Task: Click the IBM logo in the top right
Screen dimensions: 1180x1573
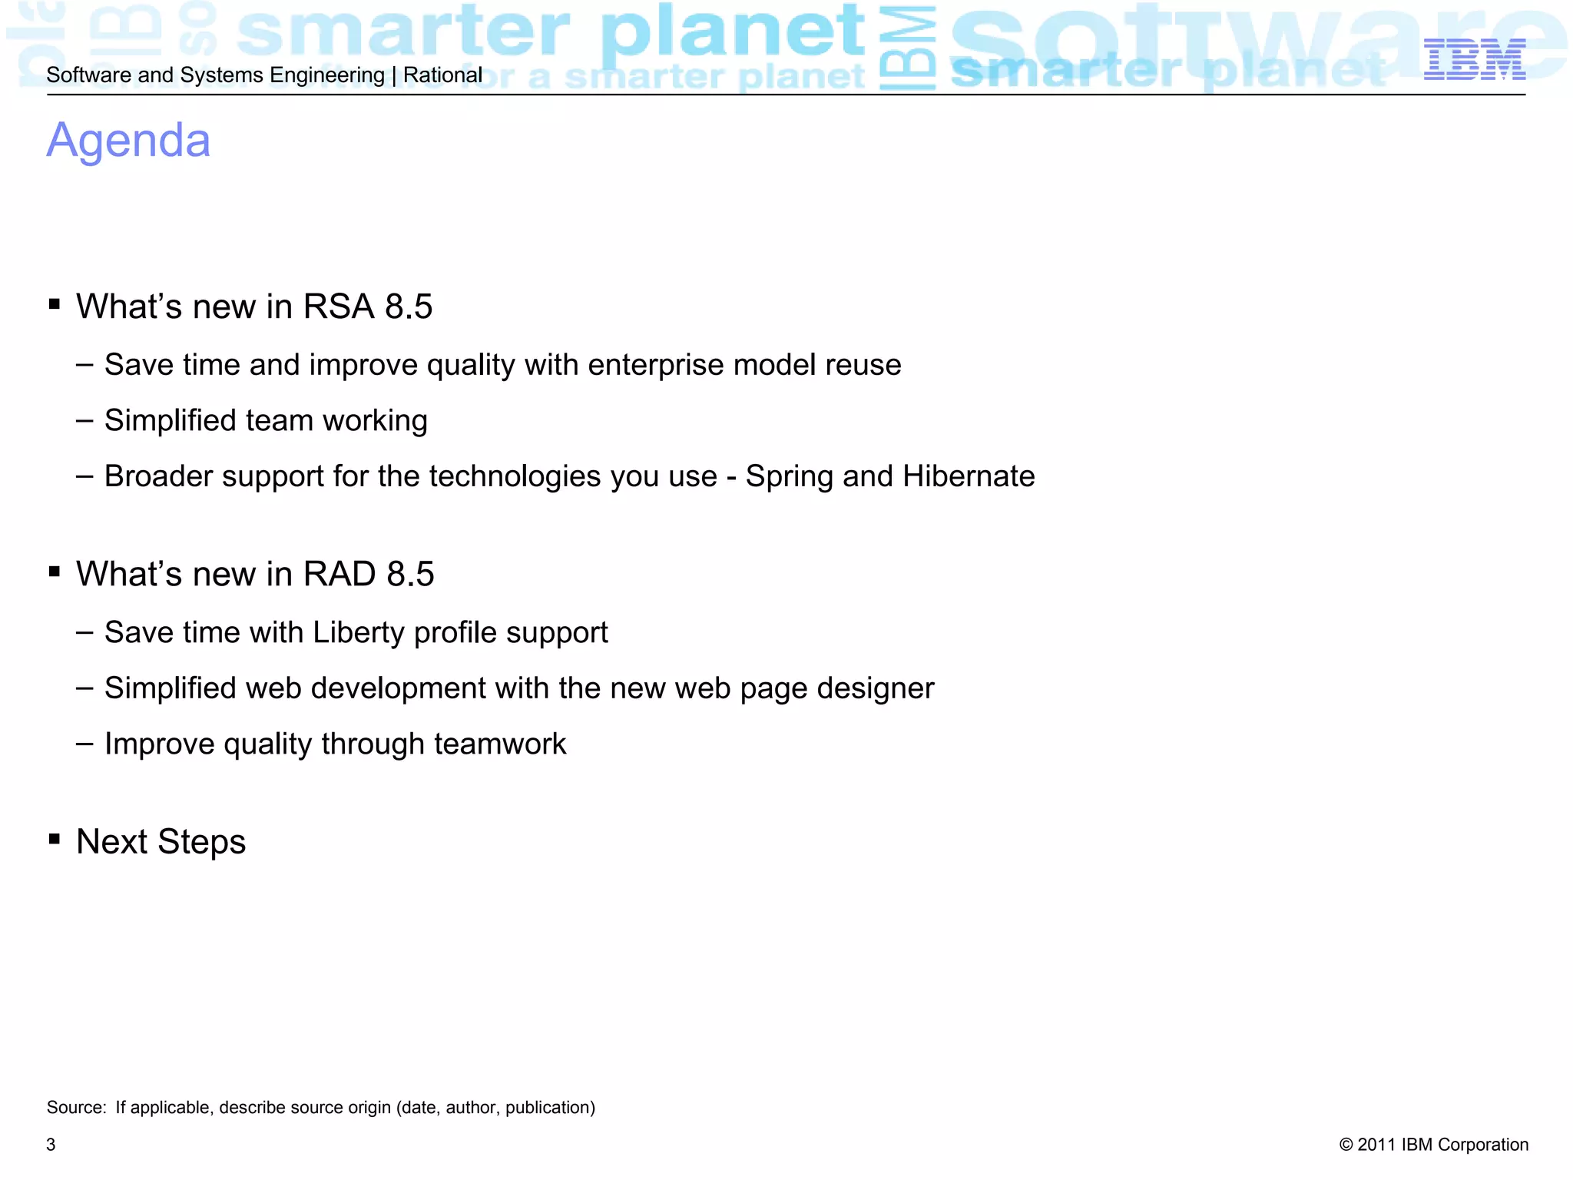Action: click(1474, 60)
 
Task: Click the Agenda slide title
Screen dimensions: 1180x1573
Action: click(128, 141)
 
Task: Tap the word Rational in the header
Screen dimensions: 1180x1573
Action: click(442, 75)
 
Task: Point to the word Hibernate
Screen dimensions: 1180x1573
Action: click(969, 476)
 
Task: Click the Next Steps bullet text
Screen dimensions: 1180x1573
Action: click(161, 842)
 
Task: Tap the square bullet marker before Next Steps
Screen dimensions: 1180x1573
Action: click(54, 839)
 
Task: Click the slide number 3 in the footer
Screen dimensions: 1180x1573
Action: click(51, 1145)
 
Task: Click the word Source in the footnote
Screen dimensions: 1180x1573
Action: click(75, 1108)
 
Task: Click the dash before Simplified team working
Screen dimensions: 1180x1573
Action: click(84, 421)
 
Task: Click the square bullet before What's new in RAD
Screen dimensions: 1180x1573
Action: click(54, 572)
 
